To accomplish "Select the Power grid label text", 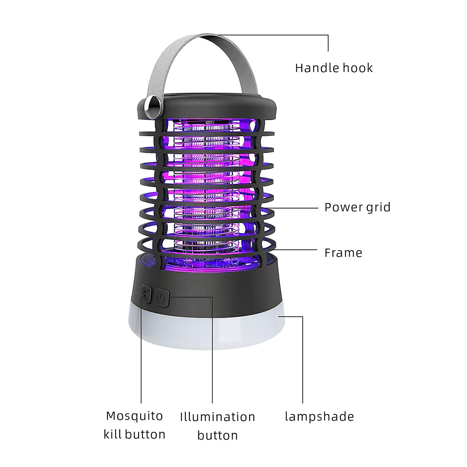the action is tap(358, 207).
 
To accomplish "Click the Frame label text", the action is tap(343, 253).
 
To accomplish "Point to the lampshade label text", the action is tap(320, 416).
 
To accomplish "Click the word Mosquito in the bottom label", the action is tap(134, 416).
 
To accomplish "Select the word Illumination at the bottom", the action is tap(218, 417).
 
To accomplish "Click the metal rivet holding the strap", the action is tap(154, 104).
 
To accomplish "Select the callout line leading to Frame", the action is tap(294, 249).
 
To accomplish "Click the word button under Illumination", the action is tap(218, 435).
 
